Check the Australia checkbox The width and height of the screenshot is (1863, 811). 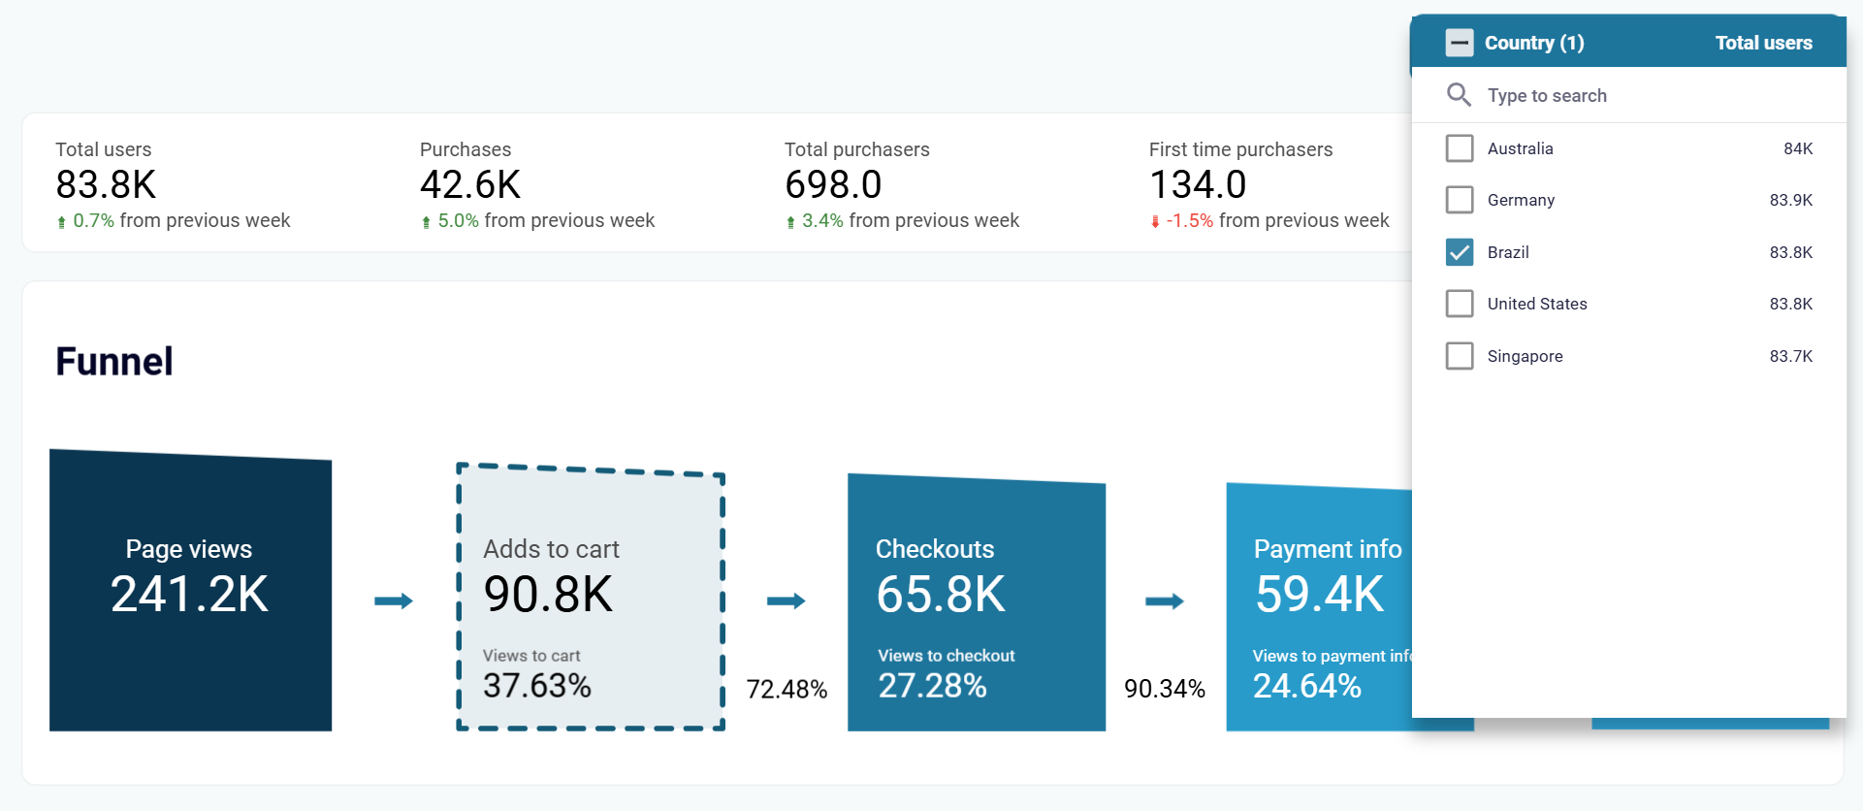pyautogui.click(x=1459, y=148)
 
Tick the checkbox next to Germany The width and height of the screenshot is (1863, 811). pyautogui.click(x=1459, y=200)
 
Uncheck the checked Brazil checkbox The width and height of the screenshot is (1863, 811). pyautogui.click(x=1459, y=252)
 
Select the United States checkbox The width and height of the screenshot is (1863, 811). pyautogui.click(x=1459, y=304)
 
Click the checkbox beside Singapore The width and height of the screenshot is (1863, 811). pyautogui.click(x=1459, y=356)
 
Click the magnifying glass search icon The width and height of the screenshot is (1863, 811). pyautogui.click(x=1459, y=95)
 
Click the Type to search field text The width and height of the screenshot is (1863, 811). pyautogui.click(x=1547, y=95)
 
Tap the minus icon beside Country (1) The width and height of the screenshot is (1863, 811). pyautogui.click(x=1459, y=43)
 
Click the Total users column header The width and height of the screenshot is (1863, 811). pyautogui.click(x=1763, y=43)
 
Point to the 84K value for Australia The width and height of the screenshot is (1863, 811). pyautogui.click(x=1797, y=148)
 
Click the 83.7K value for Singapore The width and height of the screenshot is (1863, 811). pyautogui.click(x=1790, y=356)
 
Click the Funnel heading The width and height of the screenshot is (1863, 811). pyautogui.click(x=114, y=362)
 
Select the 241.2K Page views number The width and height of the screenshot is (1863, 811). pyautogui.click(x=190, y=594)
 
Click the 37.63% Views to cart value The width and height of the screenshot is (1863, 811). pyautogui.click(x=537, y=686)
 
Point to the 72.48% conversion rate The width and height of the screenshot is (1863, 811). pyautogui.click(x=787, y=690)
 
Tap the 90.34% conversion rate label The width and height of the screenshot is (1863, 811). pyautogui.click(x=1165, y=689)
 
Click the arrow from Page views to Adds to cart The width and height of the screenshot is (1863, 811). pyautogui.click(x=394, y=601)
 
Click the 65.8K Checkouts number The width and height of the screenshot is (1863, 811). pyautogui.click(x=941, y=594)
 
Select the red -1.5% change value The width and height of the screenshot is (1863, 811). pyautogui.click(x=1189, y=221)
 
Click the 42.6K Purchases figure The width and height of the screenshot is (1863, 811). pyautogui.click(x=470, y=184)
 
